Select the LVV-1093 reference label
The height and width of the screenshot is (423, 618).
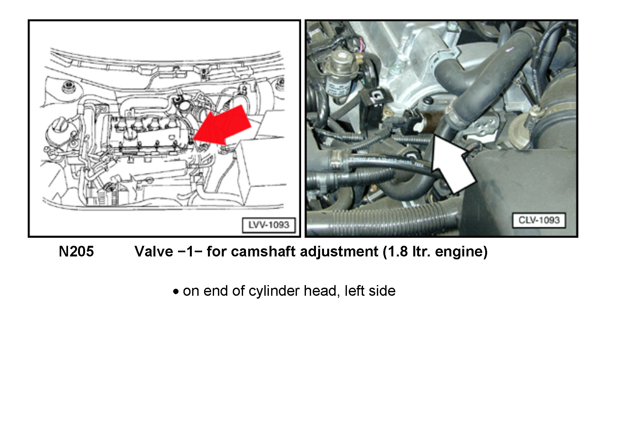pos(269,225)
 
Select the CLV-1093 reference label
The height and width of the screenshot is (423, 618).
pos(539,220)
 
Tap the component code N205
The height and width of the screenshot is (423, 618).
pos(76,252)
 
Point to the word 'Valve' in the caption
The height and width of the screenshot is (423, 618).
pos(153,252)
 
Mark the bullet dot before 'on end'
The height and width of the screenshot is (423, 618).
pos(176,292)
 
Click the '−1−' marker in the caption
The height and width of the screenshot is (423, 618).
pos(190,252)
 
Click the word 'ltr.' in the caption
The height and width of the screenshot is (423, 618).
pos(421,252)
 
